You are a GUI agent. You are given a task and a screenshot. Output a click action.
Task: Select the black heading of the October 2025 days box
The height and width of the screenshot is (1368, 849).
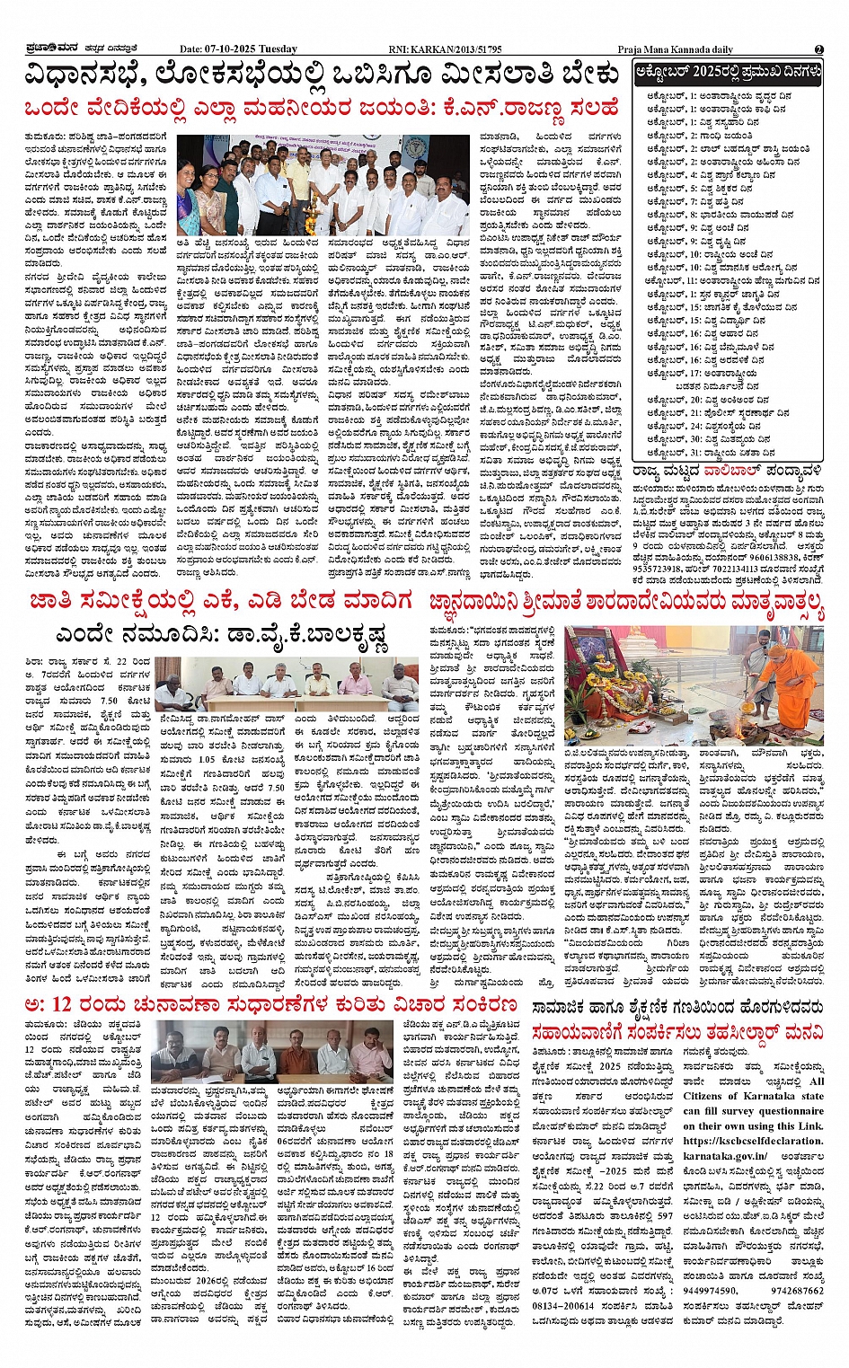(728, 71)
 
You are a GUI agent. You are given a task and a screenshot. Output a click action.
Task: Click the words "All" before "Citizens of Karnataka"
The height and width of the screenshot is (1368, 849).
(816, 1081)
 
